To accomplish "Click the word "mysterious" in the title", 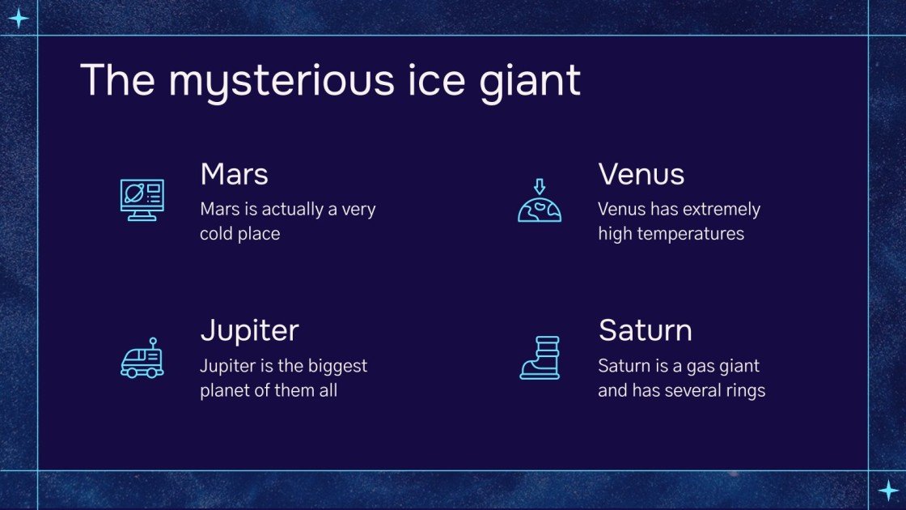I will point(271,81).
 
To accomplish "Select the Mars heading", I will point(234,174).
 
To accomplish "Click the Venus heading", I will point(641,174).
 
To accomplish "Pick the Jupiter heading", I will point(249,330).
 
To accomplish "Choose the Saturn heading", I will point(645,330).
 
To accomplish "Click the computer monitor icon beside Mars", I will point(142,200).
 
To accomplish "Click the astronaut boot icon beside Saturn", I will point(540,358).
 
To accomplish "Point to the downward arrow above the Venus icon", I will point(540,186).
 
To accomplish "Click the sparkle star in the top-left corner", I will point(19,19).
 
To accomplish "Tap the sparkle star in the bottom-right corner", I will point(887,490).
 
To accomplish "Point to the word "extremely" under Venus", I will point(722,210).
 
